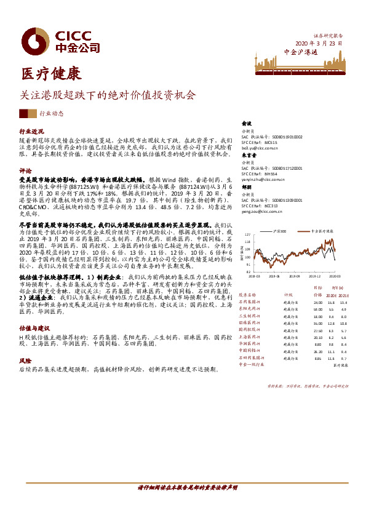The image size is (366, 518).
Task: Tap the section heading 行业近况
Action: click(31, 132)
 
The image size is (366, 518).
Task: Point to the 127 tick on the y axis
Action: click(247, 235)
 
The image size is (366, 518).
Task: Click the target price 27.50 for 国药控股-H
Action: click(317, 330)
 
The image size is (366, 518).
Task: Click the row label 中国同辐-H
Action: click(251, 351)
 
